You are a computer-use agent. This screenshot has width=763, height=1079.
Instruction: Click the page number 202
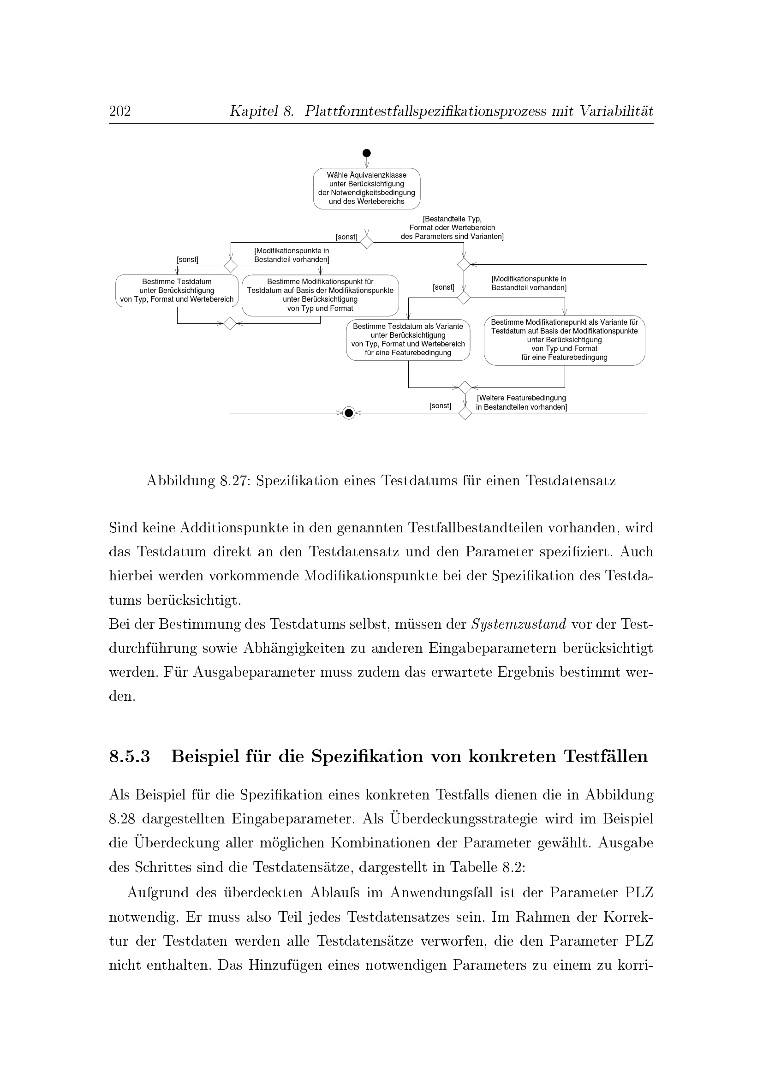(x=120, y=111)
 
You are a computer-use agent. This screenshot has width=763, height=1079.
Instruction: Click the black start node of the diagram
(x=366, y=153)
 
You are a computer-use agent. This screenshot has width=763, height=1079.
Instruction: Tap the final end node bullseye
(x=348, y=413)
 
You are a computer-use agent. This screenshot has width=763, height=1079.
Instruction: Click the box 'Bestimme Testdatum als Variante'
(x=408, y=340)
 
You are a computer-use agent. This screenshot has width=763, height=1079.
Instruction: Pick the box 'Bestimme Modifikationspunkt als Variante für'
(x=564, y=340)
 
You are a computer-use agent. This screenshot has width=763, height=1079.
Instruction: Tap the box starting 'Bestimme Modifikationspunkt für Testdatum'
(x=320, y=295)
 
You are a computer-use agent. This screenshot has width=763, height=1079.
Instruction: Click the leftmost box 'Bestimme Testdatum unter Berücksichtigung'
(x=177, y=291)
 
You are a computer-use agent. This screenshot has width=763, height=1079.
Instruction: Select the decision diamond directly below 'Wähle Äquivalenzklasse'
(x=366, y=242)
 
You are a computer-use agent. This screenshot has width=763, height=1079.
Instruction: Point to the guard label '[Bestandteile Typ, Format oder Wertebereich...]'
(x=452, y=228)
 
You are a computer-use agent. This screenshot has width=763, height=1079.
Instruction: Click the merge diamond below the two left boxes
(x=229, y=323)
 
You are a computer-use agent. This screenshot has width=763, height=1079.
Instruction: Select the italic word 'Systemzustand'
(x=518, y=625)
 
